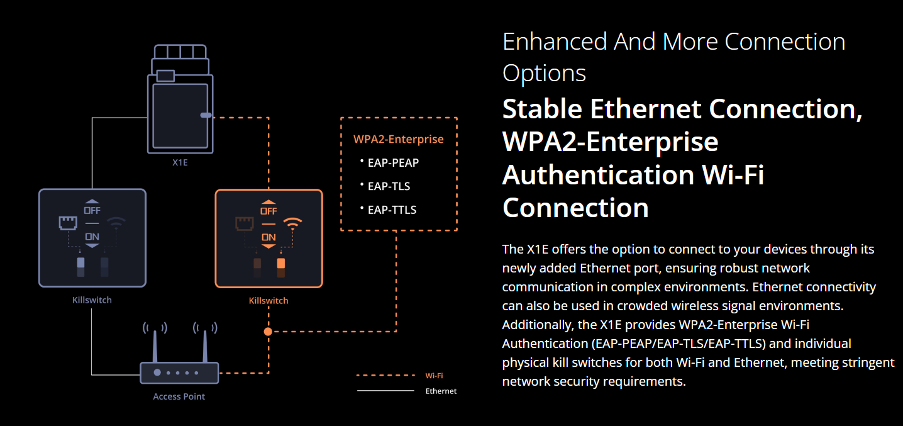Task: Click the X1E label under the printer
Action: pyautogui.click(x=180, y=162)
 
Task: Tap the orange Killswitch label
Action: pyautogui.click(x=269, y=301)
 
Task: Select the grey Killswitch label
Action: pyautogui.click(x=92, y=300)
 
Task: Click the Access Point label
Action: pyautogui.click(x=179, y=396)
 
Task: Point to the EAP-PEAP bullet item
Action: pyautogui.click(x=393, y=162)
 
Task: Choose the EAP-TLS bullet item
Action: pyautogui.click(x=389, y=186)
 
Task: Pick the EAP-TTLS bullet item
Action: pyautogui.click(x=392, y=210)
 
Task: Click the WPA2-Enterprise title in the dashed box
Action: pyautogui.click(x=399, y=139)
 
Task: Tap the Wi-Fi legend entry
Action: pyautogui.click(x=434, y=376)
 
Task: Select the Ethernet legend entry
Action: pyautogui.click(x=441, y=391)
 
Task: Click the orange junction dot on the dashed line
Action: pyautogui.click(x=269, y=331)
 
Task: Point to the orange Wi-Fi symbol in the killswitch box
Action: pyautogui.click(x=292, y=223)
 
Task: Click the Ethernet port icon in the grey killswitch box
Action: pyautogui.click(x=67, y=223)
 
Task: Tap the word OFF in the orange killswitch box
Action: pyautogui.click(x=269, y=211)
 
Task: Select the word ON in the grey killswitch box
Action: pyautogui.click(x=92, y=237)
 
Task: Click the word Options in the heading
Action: pyautogui.click(x=544, y=73)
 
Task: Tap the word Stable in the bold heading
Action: pyautogui.click(x=541, y=109)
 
